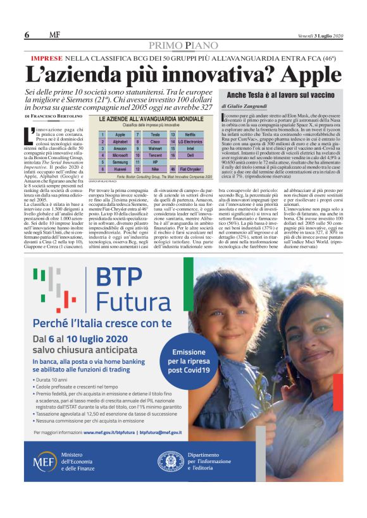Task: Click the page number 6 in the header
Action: click(27, 35)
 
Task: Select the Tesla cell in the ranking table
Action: click(156, 135)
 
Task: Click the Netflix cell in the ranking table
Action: click(190, 135)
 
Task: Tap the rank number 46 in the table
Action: click(172, 169)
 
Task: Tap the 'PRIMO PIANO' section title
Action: click(183, 45)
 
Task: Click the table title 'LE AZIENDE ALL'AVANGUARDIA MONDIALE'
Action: click(146, 119)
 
